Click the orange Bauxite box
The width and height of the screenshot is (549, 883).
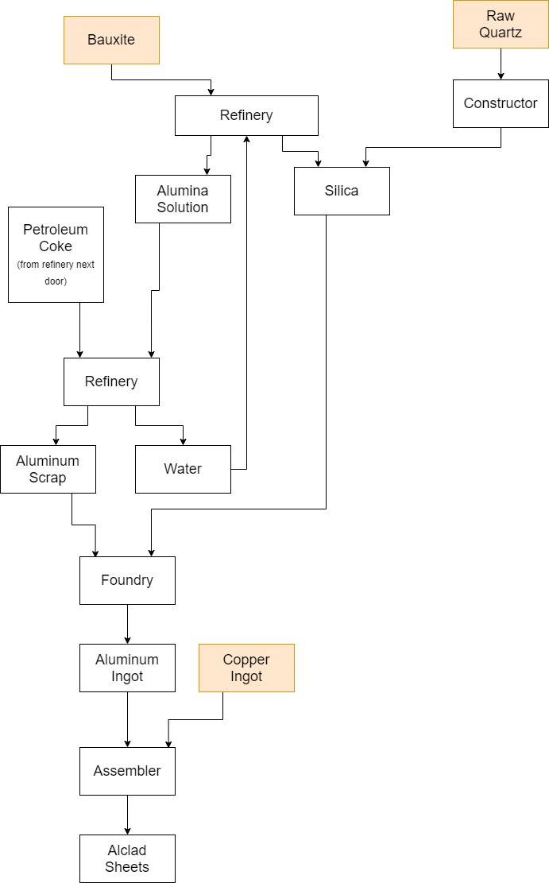pyautogui.click(x=111, y=40)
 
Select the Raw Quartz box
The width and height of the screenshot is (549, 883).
pyautogui.click(x=501, y=25)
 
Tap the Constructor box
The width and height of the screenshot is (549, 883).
pyautogui.click(x=501, y=103)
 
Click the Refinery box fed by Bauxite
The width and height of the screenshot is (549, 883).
pyautogui.click(x=246, y=115)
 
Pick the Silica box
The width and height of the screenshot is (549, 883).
pyautogui.click(x=342, y=191)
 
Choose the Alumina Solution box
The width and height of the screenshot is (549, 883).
pyautogui.click(x=183, y=199)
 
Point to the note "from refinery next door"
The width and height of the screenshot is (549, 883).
pyautogui.click(x=56, y=273)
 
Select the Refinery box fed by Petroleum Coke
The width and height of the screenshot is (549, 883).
pyautogui.click(x=111, y=381)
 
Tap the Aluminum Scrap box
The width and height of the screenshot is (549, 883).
pyautogui.click(x=48, y=469)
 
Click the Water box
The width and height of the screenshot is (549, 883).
pyautogui.click(x=183, y=469)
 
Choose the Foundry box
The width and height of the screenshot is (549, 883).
pyautogui.click(x=127, y=580)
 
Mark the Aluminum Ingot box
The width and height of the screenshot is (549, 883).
pyautogui.click(x=127, y=668)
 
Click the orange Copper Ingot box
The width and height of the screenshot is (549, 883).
pyautogui.click(x=246, y=668)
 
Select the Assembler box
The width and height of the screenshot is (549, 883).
pyautogui.click(x=127, y=771)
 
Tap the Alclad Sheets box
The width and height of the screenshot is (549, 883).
pyautogui.click(x=127, y=858)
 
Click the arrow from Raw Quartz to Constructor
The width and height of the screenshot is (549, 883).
pyautogui.click(x=501, y=64)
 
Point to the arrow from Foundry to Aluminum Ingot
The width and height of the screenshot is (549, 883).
pyautogui.click(x=127, y=624)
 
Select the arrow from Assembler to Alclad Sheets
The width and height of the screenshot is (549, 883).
pyautogui.click(x=127, y=815)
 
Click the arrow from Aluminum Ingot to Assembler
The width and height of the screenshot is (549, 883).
pyautogui.click(x=127, y=719)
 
